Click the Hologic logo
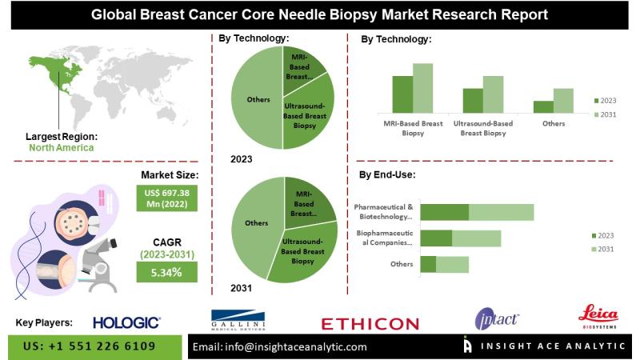click(126, 322)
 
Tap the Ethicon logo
click(370, 323)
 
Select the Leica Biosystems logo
click(598, 318)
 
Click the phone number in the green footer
click(90, 346)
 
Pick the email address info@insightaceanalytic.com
click(280, 346)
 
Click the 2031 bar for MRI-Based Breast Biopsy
click(422, 88)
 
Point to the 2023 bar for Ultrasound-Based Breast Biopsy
click(473, 100)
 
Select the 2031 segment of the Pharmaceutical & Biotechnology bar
click(501, 212)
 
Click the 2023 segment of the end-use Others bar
click(428, 264)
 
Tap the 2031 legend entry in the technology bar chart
click(605, 115)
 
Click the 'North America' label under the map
click(61, 147)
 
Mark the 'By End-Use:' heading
click(386, 174)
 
